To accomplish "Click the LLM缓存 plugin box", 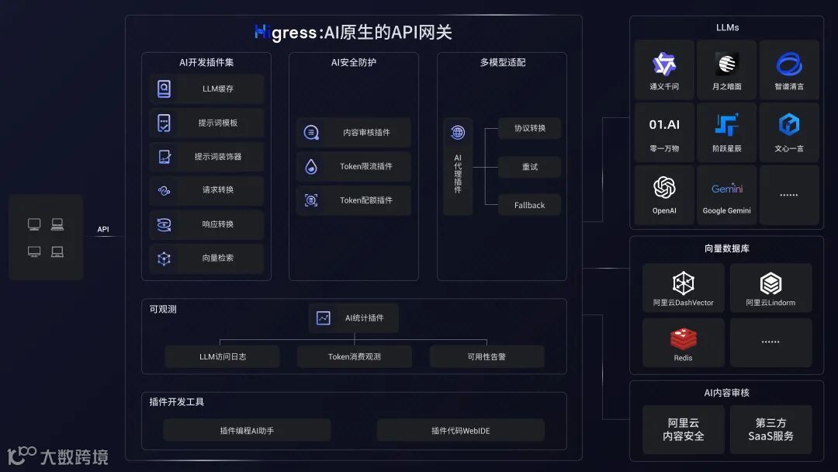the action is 206,88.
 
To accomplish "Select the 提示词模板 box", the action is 206,123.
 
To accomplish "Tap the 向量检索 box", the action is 206,259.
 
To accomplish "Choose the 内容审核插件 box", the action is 354,133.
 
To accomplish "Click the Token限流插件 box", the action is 354,166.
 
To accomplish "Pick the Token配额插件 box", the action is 354,200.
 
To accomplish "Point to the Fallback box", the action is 529,205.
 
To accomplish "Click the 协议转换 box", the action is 529,128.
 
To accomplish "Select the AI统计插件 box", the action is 354,318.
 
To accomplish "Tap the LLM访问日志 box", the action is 222,357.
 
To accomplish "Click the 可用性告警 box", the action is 487,357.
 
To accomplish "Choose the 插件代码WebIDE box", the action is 460,431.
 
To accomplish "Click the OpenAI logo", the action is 664,188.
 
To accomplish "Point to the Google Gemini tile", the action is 727,196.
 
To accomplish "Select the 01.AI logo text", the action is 664,124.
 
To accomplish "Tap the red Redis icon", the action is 684,338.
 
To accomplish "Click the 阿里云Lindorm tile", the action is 770,288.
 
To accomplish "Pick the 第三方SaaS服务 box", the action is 770,429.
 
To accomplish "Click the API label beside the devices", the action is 103,230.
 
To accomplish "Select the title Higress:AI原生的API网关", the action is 353,33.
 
